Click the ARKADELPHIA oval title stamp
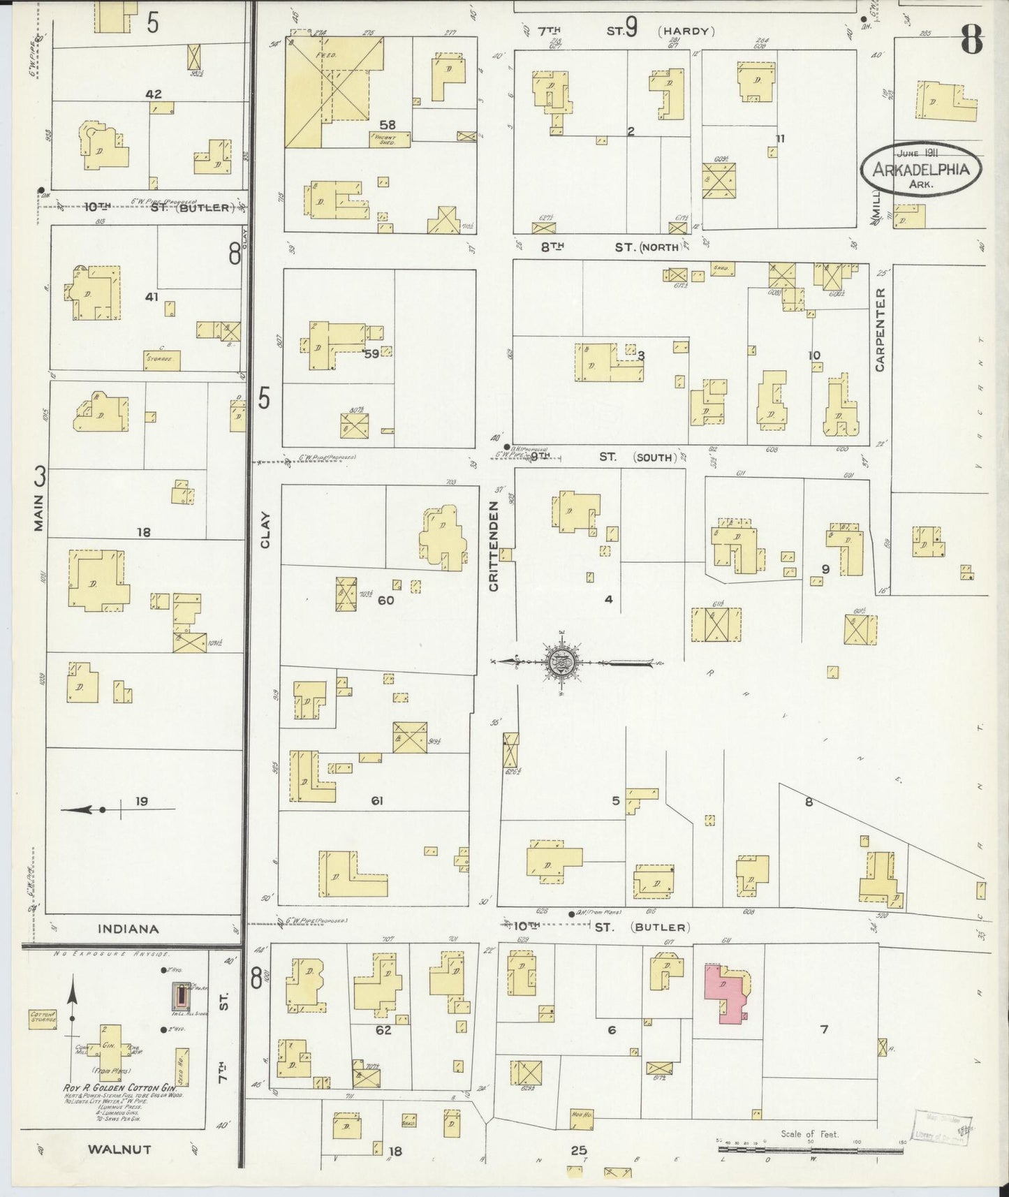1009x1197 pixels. click(x=920, y=169)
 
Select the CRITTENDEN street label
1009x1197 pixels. click(x=494, y=547)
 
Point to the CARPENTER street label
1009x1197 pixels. click(x=879, y=330)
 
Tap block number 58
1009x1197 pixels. click(x=388, y=124)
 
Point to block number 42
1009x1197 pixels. click(x=154, y=93)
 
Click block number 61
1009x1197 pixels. click(x=378, y=801)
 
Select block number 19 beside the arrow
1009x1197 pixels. click(x=142, y=801)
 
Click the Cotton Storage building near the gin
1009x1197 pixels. click(x=43, y=1018)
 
